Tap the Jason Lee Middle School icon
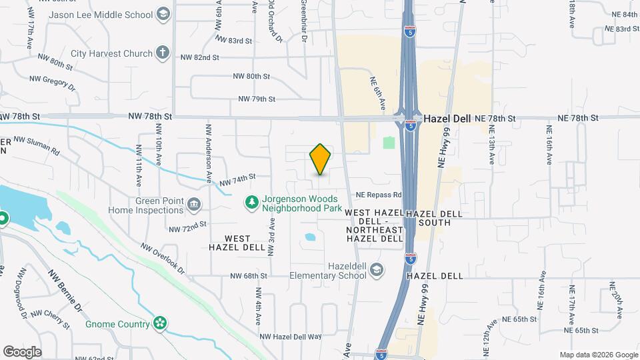pos(163,14)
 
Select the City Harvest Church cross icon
pos(163,53)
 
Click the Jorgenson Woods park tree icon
pos(251,201)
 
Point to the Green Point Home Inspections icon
pos(194,203)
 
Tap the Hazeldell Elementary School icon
pos(377,270)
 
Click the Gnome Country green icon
pos(159,324)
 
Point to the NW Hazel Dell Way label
pos(291,337)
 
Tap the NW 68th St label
pos(249,275)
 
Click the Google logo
pos(22,351)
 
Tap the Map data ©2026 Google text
pos(598,355)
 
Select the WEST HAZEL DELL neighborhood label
pos(229,243)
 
